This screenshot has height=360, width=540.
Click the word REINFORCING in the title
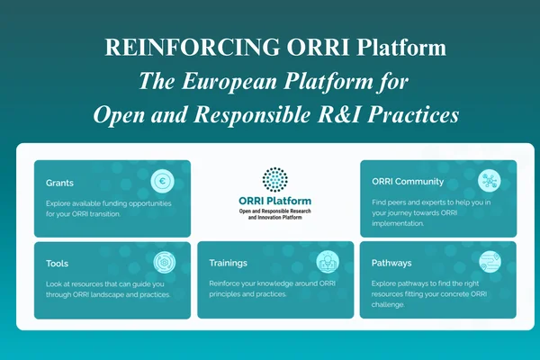pos(193,47)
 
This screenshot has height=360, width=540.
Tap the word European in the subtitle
pos(229,81)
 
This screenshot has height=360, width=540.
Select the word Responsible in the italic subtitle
pos(252,115)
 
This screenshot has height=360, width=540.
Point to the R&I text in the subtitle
pos(339,114)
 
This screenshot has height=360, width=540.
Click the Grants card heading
pos(59,183)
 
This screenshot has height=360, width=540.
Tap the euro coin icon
pos(162,181)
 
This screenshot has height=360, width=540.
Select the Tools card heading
pos(58,264)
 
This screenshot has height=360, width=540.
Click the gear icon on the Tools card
pos(165,262)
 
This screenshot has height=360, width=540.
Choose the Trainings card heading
pos(228,263)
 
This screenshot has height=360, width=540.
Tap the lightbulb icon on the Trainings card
pos(328,262)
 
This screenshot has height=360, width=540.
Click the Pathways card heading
pos(391,263)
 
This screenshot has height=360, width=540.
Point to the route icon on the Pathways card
pos(490,262)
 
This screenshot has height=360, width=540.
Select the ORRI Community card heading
pos(408,182)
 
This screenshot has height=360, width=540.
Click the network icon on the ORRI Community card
pos(489,181)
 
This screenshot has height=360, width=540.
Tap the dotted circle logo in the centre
pos(274,179)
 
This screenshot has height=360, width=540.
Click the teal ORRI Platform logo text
pos(274,201)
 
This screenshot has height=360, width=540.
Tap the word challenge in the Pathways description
pos(388,304)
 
